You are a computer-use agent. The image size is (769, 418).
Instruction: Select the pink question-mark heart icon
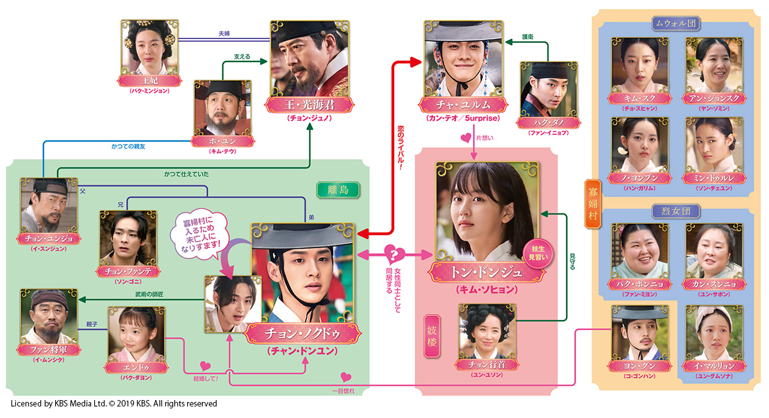(393, 253)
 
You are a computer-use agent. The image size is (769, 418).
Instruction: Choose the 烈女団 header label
(675, 210)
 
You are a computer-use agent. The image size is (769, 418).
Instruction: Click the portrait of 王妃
(149, 48)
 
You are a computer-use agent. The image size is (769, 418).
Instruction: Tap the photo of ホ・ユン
(222, 106)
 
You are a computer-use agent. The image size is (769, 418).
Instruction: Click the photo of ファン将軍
(48, 333)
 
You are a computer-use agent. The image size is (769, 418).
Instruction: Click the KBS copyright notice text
(114, 404)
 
